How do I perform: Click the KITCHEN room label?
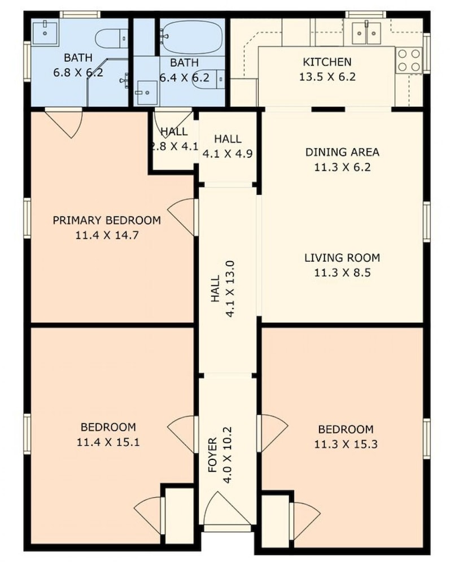327,62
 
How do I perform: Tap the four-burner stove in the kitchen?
409,60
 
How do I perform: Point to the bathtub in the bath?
191,37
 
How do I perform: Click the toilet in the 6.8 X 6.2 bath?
112,38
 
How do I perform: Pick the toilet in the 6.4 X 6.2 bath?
209,79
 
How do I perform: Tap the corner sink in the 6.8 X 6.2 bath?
45,33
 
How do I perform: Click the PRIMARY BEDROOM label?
107,220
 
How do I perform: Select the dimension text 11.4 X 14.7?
107,235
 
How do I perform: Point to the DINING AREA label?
342,152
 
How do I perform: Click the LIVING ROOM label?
342,258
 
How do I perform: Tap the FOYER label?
213,455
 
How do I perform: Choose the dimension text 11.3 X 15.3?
346,444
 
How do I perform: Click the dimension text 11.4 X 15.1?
108,442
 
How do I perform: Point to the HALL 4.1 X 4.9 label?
228,146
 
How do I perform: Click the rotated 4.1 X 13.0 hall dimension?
230,289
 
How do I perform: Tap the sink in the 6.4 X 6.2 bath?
147,93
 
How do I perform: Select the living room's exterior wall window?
427,222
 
